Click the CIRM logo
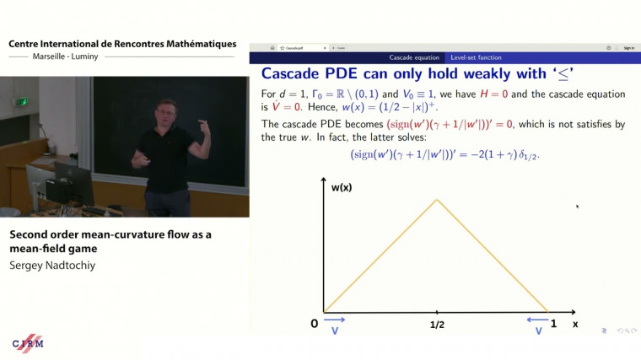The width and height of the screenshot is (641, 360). click(x=27, y=344)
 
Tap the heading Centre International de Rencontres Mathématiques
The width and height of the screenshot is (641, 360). click(x=122, y=43)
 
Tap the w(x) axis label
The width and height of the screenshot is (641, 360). click(x=342, y=187)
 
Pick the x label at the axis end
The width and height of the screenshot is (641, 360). click(x=575, y=324)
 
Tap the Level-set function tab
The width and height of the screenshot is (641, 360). click(x=476, y=57)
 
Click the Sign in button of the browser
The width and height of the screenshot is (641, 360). click(x=628, y=48)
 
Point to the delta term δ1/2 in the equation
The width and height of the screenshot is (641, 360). click(x=532, y=156)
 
